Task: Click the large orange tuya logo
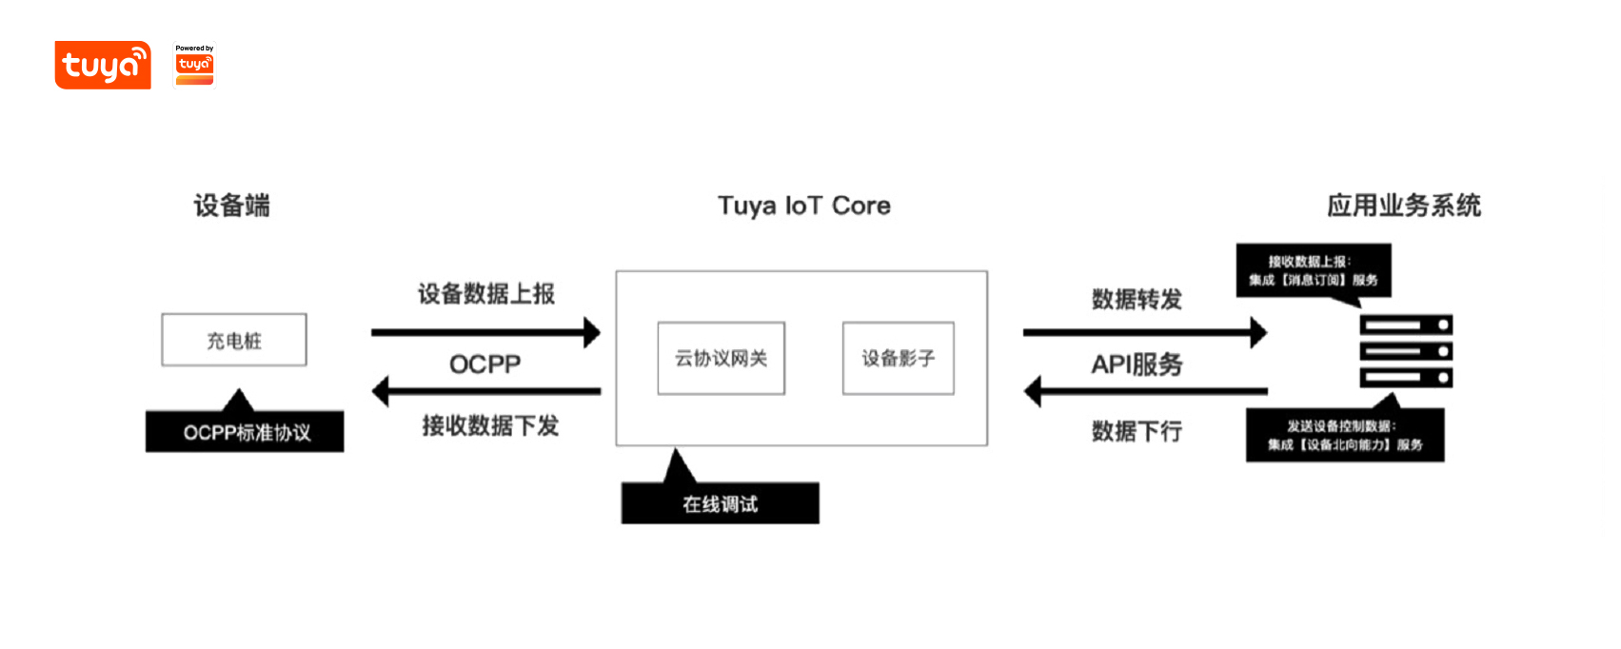[x=103, y=65]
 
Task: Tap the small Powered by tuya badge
[x=194, y=65]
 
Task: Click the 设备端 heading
[x=232, y=206]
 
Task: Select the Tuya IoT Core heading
[x=804, y=206]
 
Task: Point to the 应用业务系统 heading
[x=1404, y=206]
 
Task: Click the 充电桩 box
[x=234, y=340]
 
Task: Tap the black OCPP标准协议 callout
[x=246, y=432]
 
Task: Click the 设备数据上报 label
[x=486, y=294]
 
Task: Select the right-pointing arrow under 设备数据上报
[x=485, y=332]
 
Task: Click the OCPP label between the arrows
[x=485, y=364]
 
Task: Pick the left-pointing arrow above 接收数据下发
[x=485, y=391]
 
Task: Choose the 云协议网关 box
[x=722, y=359]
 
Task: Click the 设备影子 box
[x=898, y=359]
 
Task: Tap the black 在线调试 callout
[x=720, y=503]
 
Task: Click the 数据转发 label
[x=1137, y=300]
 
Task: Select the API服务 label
[x=1137, y=364]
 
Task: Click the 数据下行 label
[x=1137, y=431]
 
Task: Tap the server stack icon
[x=1406, y=351]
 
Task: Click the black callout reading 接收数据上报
[x=1314, y=270]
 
